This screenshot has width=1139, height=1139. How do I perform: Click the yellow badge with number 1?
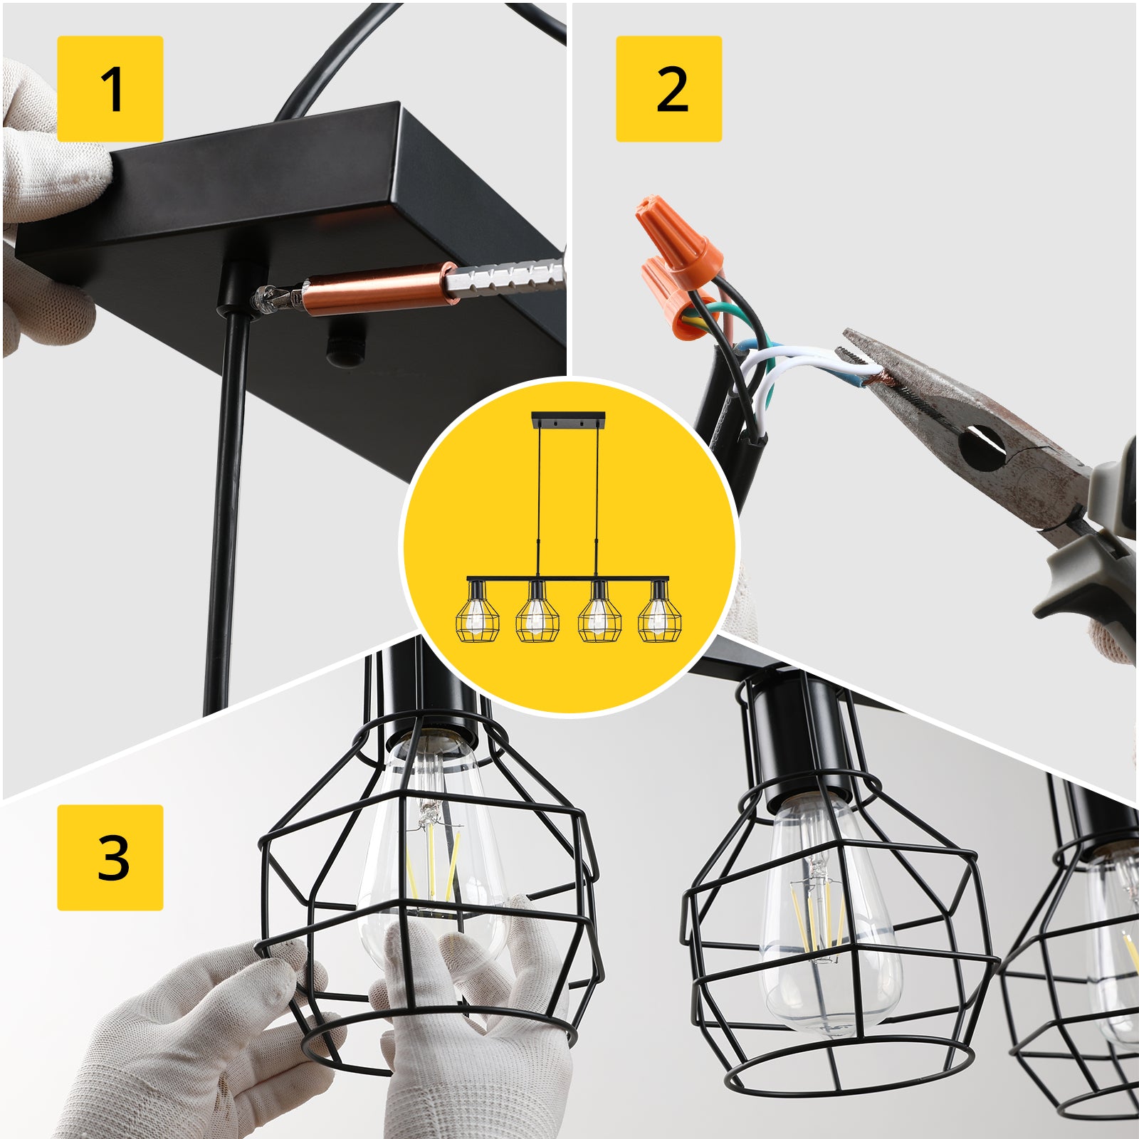[x=110, y=89]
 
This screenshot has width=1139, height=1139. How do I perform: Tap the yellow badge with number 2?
[x=668, y=89]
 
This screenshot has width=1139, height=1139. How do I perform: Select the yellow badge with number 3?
[x=110, y=857]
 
